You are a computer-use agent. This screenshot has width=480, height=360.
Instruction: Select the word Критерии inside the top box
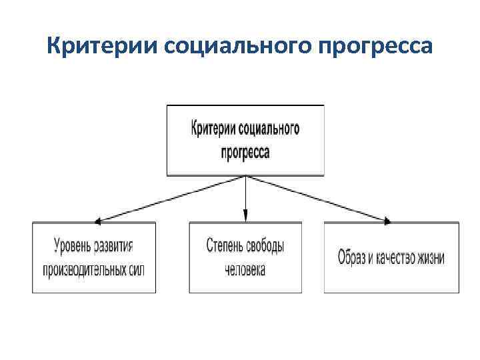[214, 128]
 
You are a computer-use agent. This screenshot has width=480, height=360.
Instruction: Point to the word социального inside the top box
[269, 128]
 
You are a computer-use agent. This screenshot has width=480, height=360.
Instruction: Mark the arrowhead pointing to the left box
[98, 221]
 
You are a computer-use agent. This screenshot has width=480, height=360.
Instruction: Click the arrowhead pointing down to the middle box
[245, 215]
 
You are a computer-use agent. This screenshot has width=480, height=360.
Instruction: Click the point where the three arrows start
[245, 177]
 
